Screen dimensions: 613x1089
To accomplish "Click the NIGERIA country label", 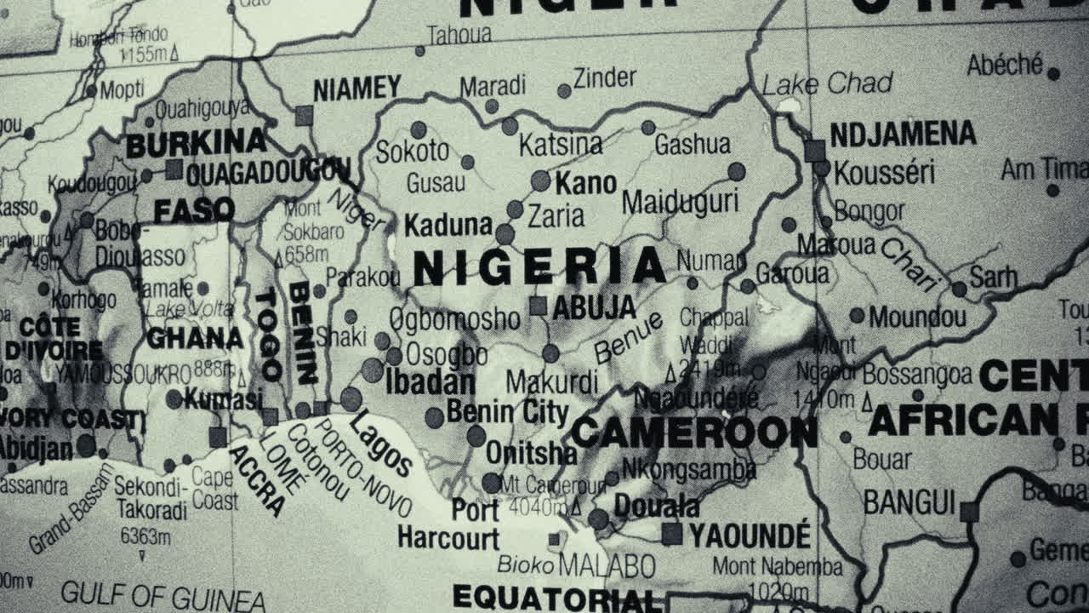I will pos(539,267).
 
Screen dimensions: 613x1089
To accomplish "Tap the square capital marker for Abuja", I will pos(538,306).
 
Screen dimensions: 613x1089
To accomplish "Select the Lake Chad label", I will pos(827,83).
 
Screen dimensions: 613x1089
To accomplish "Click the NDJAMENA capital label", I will pos(903,134).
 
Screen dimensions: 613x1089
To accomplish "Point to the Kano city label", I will pos(585,182).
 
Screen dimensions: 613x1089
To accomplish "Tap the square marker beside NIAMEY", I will pos(304,116).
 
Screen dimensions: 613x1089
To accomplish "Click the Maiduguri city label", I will pos(680,202).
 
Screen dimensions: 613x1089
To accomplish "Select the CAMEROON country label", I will pos(693,433).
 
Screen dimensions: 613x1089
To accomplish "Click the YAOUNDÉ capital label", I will pos(750,536).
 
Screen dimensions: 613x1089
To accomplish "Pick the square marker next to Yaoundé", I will pos(672,534).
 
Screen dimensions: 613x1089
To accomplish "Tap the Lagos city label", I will pos(381,443).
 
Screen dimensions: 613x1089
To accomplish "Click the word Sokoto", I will pos(412,152).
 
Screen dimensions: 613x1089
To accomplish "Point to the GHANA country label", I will pos(195,338).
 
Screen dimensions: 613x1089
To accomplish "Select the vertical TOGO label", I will pos(268,334).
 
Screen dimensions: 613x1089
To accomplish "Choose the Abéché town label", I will pos(1005,65).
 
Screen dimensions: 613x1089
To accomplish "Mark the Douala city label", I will pos(656,506).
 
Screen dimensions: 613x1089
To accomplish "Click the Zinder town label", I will pos(604,78).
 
